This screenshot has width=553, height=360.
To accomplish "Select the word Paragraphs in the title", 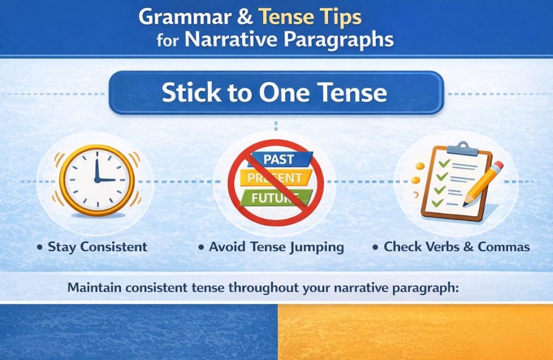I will click(x=341, y=40).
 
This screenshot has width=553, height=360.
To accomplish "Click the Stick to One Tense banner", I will click(x=275, y=93).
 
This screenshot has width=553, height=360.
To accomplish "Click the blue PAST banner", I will click(x=278, y=160).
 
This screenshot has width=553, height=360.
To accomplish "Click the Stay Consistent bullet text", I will click(x=97, y=247).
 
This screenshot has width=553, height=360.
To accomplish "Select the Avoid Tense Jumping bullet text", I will click(x=276, y=247).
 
